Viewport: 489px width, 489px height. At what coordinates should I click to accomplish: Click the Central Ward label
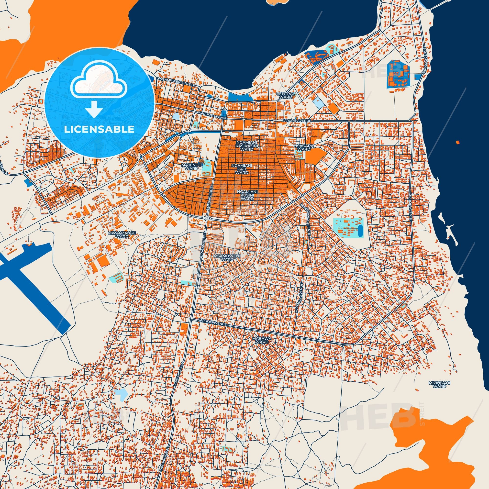[x=286, y=95]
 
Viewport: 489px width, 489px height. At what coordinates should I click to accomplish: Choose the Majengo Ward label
[x=192, y=166]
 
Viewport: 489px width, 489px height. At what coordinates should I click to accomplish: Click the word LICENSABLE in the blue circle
[x=99, y=129]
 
